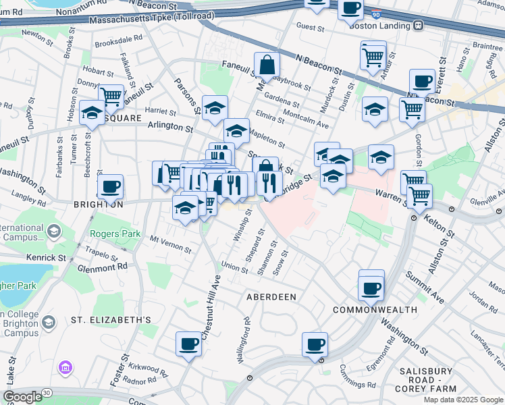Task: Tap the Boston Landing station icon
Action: click(x=419, y=26)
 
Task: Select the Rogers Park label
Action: click(x=115, y=234)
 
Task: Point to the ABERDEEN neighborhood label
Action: click(x=272, y=297)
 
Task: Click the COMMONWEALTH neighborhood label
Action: click(x=375, y=309)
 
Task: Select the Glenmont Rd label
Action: click(x=103, y=267)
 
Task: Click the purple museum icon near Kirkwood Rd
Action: click(x=66, y=368)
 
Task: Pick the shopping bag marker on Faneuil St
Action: click(x=267, y=65)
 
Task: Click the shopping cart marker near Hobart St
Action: click(x=111, y=97)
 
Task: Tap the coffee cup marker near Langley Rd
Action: click(x=110, y=187)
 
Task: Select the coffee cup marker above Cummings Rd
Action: click(x=315, y=345)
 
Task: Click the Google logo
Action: click(x=22, y=397)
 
